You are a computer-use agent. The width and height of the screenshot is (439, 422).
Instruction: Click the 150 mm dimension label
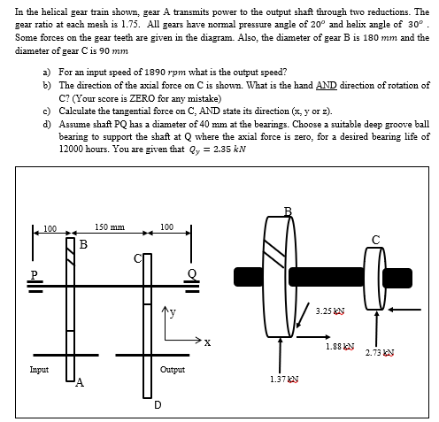[x=110, y=227]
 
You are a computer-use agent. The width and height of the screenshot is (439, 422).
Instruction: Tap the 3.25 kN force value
[x=329, y=312]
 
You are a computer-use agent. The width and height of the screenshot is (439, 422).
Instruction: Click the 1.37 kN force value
[x=282, y=378]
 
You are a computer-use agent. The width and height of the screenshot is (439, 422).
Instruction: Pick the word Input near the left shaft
[x=39, y=369]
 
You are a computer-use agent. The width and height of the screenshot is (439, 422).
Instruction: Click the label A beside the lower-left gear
[x=80, y=383]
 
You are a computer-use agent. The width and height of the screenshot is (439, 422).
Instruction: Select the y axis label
[x=173, y=310]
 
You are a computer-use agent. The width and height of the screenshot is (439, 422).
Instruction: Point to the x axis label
[x=206, y=341]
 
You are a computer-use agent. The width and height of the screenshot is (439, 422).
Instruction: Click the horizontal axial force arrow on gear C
[x=410, y=310]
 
